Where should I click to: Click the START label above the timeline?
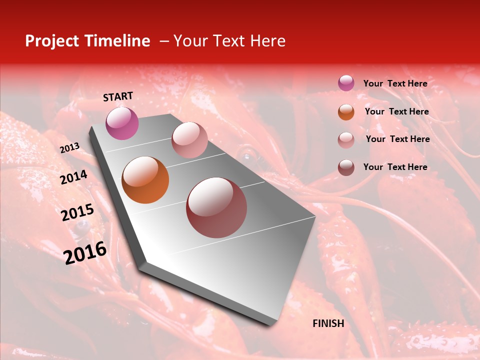point(118,96)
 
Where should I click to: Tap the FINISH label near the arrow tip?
point(328,323)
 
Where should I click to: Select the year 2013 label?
point(69,148)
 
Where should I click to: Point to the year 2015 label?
point(77,212)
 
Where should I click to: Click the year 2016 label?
point(85,253)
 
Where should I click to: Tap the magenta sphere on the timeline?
point(122,123)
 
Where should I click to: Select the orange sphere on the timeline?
point(145,180)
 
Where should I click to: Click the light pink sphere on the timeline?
point(189,140)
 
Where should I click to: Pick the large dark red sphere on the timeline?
point(216,207)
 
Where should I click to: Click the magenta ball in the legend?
point(346,83)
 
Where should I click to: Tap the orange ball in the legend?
point(346,112)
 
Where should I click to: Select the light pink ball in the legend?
point(346,140)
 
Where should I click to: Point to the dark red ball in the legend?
point(346,167)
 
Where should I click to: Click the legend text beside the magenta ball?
point(395,83)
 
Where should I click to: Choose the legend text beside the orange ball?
point(396,111)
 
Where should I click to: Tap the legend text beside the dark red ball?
point(395,167)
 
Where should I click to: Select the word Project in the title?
point(51,41)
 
